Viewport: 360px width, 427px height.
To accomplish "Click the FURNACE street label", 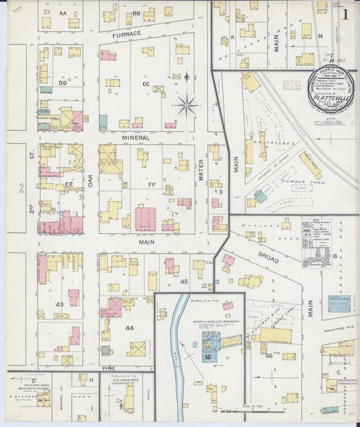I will click(x=127, y=33).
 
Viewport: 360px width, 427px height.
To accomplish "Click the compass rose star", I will click(x=186, y=105).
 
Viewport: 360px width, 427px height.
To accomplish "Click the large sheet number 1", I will click(x=345, y=14).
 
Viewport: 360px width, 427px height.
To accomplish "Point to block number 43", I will click(x=59, y=305).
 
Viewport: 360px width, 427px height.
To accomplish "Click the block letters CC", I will click(x=145, y=84).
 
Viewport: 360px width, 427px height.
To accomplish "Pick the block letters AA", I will click(x=63, y=13).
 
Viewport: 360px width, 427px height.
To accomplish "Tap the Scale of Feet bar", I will click(x=240, y=409).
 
